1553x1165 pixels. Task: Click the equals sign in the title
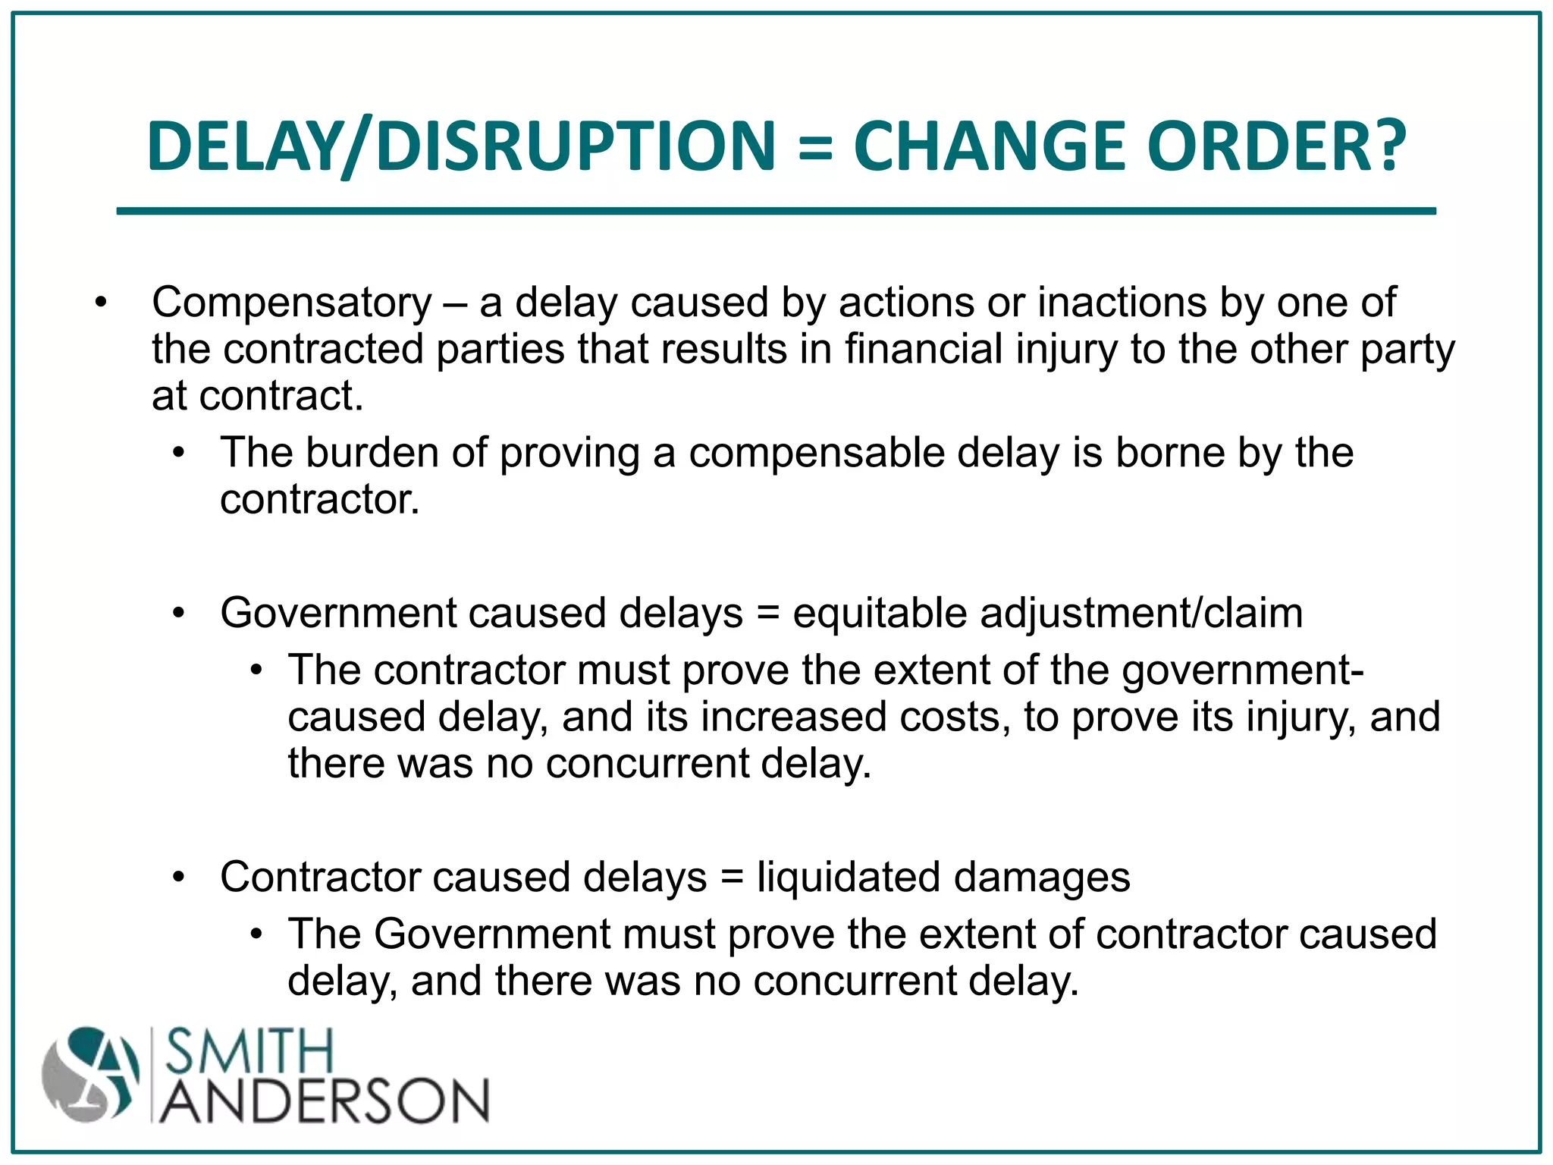pos(815,147)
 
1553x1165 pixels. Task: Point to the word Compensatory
pos(292,303)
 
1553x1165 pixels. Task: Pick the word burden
pos(372,453)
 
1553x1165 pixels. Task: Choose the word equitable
pos(879,613)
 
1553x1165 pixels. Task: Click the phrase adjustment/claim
pos(1141,613)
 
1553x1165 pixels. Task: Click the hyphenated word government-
pos(1243,671)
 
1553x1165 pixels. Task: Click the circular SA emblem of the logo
pos(92,1075)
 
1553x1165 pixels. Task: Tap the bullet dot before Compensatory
pos(101,303)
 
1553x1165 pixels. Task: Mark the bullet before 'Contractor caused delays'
pos(178,878)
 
